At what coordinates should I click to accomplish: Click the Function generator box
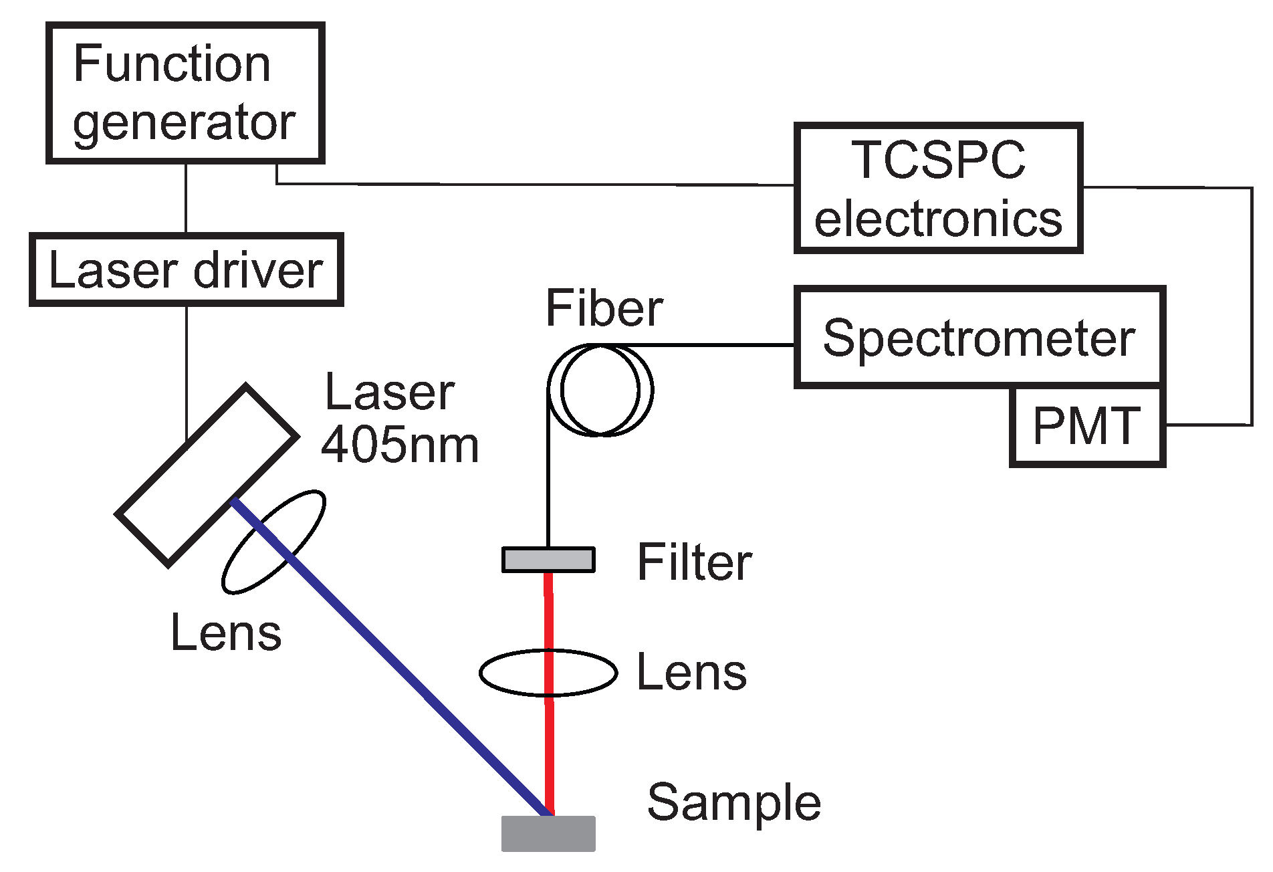coord(185,93)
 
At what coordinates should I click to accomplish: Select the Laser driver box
coord(187,270)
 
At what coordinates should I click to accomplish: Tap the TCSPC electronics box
coord(938,189)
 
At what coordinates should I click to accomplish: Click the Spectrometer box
coord(979,338)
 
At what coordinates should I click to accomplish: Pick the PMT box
coord(1087,426)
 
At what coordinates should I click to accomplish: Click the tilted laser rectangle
coord(207,475)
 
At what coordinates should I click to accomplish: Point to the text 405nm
coord(400,445)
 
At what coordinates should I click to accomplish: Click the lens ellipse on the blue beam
coord(273,542)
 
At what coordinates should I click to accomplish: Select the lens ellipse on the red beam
coord(548,673)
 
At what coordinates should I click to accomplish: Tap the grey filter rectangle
coord(548,560)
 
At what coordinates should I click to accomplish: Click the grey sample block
coord(548,834)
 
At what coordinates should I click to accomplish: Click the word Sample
coord(733,802)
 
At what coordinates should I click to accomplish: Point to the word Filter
coord(695,562)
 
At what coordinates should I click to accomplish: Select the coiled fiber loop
coord(600,391)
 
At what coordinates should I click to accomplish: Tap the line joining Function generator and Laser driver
coord(186,198)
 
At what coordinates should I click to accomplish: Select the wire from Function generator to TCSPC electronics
coord(535,184)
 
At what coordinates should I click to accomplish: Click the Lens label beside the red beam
coord(691,673)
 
